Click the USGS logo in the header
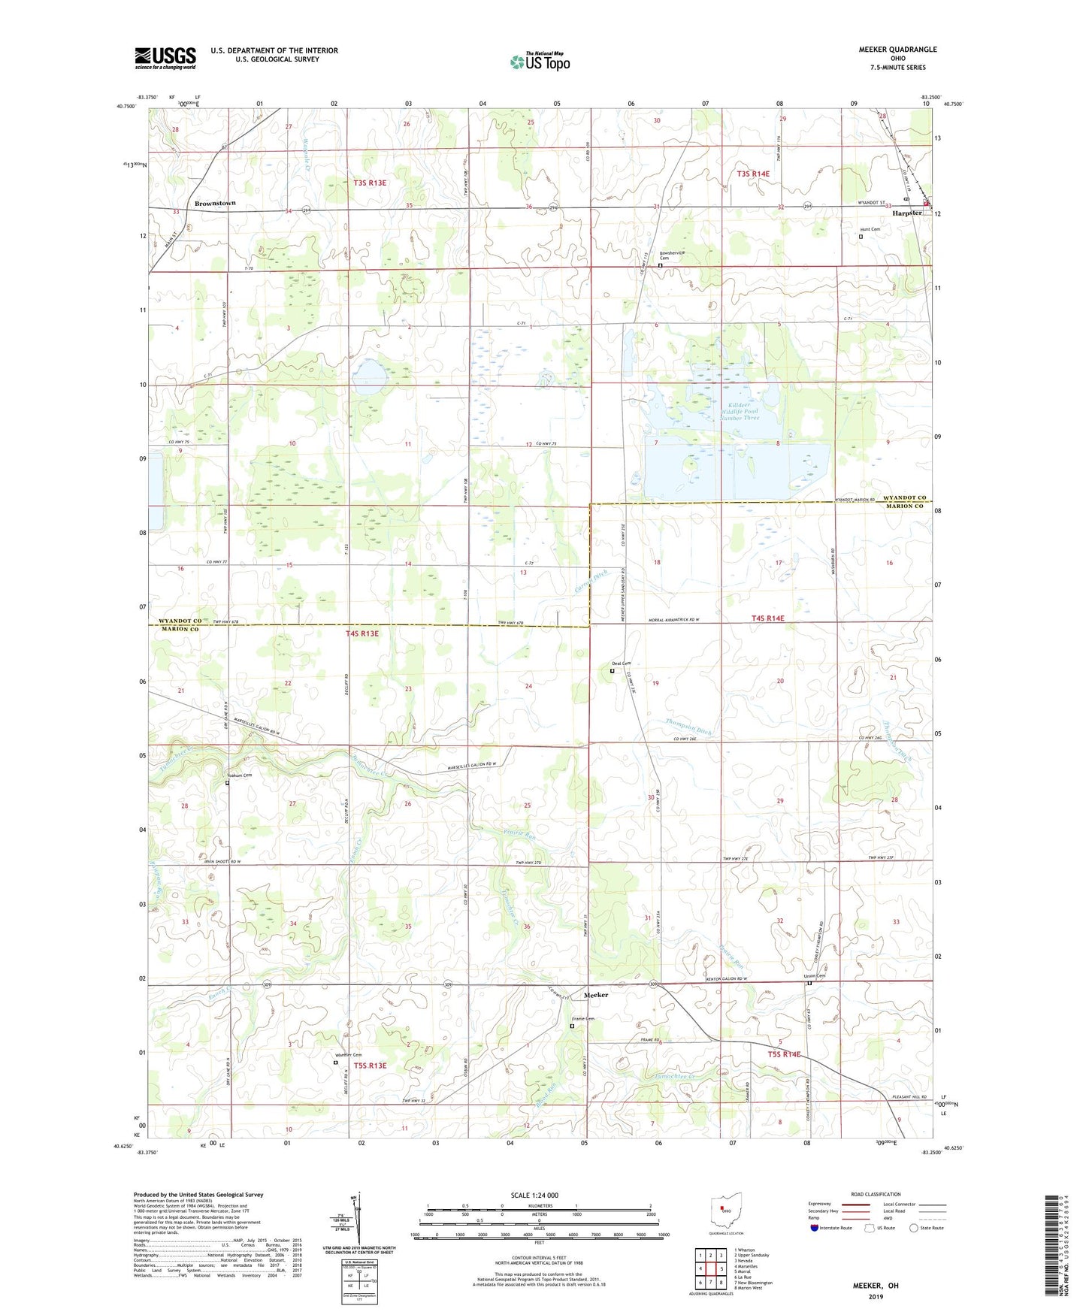[165, 58]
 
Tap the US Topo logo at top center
[539, 62]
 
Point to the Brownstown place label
[215, 203]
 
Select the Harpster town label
[906, 213]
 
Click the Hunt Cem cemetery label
[870, 229]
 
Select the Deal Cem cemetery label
[620, 663]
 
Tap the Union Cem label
[814, 976]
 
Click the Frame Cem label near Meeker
[583, 1019]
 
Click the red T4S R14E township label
[767, 618]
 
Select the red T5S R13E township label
[366, 1066]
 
